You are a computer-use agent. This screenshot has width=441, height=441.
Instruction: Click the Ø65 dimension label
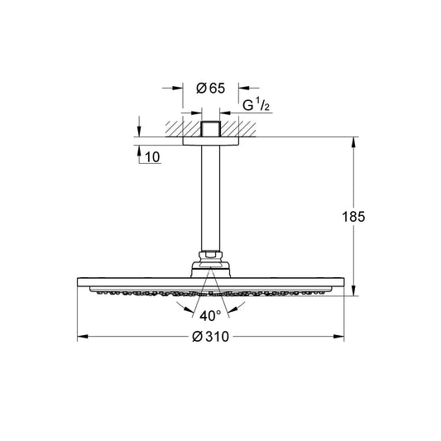tap(211, 88)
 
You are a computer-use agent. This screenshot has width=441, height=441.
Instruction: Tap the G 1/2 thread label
tap(256, 105)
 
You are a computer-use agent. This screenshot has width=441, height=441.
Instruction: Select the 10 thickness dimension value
tap(152, 157)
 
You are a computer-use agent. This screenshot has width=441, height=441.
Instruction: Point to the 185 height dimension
tap(353, 217)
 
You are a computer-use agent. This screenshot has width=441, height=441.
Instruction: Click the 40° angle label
tap(210, 316)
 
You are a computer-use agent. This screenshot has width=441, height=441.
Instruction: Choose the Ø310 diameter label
tap(211, 337)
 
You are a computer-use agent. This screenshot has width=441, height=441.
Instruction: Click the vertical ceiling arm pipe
tap(210, 198)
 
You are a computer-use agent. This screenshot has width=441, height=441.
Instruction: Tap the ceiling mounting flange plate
tap(211, 141)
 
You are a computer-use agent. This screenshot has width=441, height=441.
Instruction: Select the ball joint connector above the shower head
tap(211, 270)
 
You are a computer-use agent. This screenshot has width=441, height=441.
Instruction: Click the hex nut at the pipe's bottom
tap(211, 256)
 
